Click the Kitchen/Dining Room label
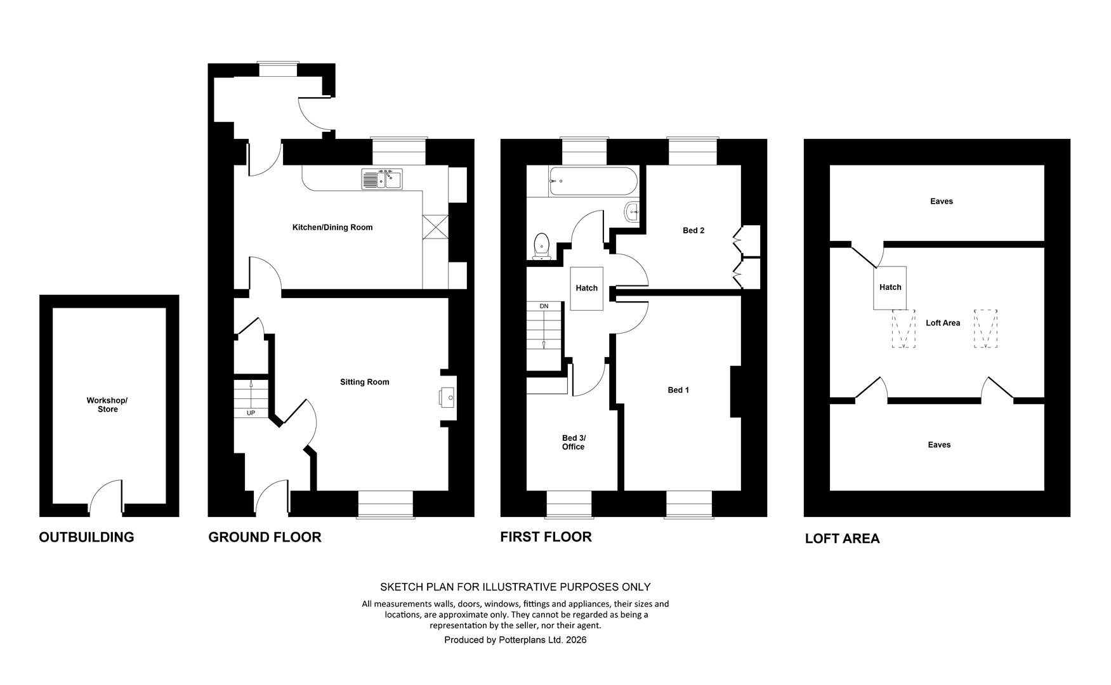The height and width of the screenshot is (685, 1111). (332, 227)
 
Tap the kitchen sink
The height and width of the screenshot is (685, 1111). (382, 179)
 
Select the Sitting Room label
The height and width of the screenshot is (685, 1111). (364, 382)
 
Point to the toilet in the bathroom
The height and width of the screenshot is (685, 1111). (542, 246)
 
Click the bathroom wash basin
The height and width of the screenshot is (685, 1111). (632, 212)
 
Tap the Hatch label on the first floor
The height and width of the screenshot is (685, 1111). (586, 288)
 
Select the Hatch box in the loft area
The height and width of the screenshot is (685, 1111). (890, 288)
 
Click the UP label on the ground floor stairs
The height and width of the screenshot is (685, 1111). (251, 413)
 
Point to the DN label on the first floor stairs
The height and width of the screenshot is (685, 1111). (544, 306)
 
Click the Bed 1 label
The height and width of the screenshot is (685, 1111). (678, 390)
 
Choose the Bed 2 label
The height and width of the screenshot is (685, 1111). (694, 230)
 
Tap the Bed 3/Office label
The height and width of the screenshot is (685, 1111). (573, 442)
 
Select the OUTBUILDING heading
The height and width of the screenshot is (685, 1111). (86, 537)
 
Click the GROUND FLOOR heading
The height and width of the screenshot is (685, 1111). (265, 537)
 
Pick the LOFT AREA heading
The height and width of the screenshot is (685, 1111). (842, 538)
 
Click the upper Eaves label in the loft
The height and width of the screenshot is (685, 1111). (942, 201)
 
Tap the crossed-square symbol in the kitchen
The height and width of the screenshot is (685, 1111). (435, 227)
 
